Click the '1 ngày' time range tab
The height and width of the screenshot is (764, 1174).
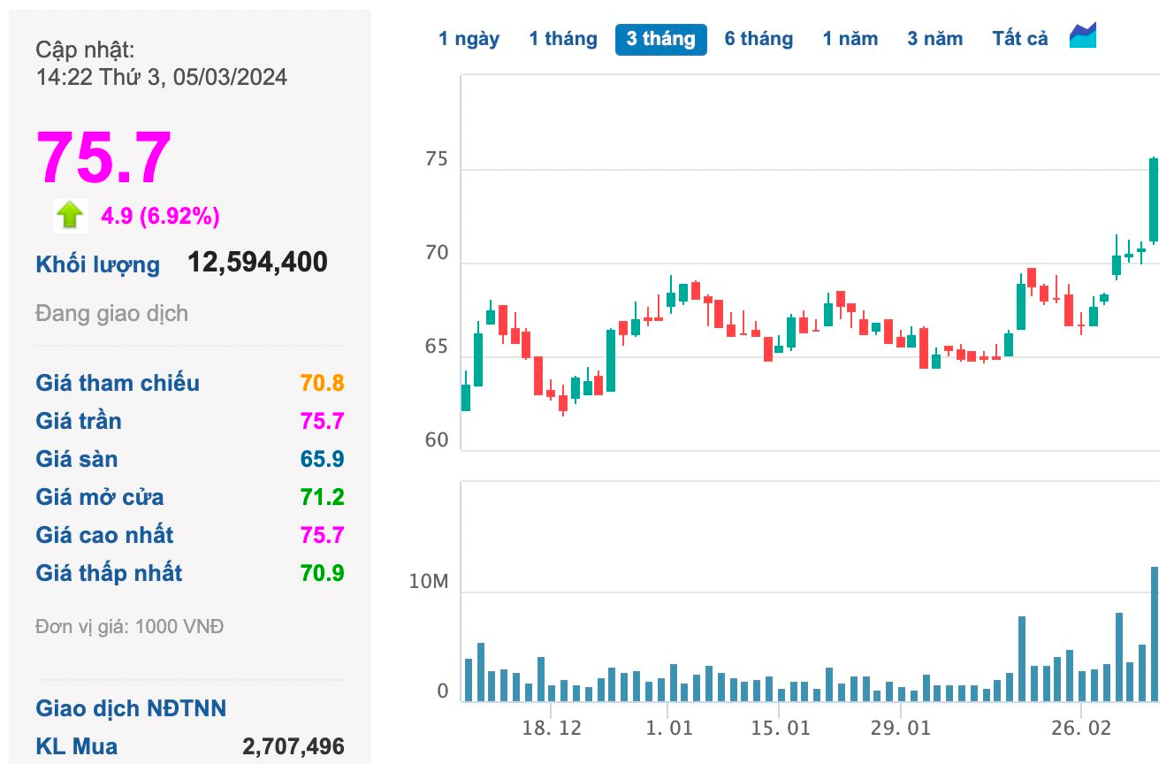(469, 39)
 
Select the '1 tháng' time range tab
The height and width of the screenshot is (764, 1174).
(563, 39)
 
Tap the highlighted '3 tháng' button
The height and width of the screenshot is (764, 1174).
(660, 39)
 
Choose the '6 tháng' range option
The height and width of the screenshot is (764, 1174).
(759, 39)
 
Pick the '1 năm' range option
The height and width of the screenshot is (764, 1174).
(850, 39)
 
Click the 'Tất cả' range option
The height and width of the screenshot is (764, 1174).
(1019, 39)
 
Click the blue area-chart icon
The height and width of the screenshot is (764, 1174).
(1083, 36)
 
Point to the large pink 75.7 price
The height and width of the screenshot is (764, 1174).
(103, 158)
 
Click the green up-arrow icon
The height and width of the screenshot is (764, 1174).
(70, 215)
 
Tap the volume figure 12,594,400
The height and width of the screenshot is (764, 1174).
(257, 263)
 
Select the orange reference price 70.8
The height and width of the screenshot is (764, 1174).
(322, 383)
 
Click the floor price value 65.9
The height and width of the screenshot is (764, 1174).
(322, 459)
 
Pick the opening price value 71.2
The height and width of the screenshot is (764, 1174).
(322, 497)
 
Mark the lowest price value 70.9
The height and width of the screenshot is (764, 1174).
(322, 573)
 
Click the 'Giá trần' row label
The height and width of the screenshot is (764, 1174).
(79, 421)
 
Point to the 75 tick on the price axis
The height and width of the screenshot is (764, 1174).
(436, 160)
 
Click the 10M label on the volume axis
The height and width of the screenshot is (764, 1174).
(429, 582)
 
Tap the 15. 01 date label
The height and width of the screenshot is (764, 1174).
(781, 728)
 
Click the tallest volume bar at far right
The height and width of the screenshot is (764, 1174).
(1155, 634)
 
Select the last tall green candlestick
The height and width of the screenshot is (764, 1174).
(1154, 200)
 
